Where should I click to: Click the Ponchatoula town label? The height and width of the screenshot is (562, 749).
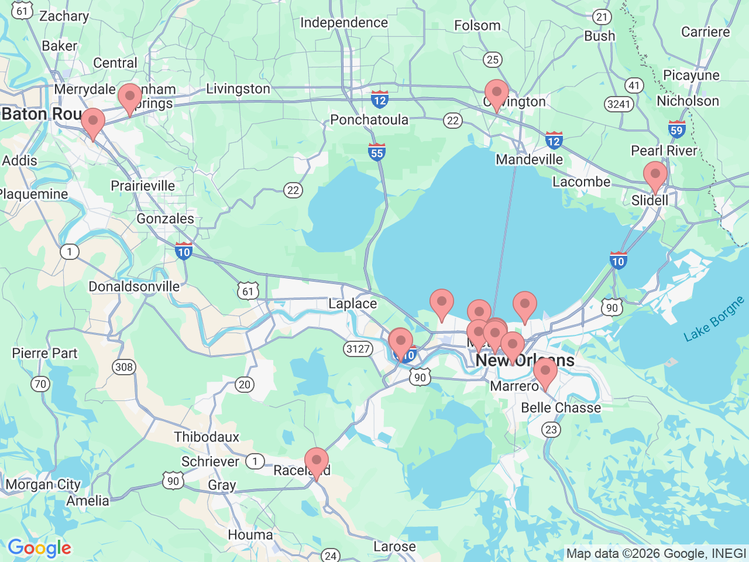[369, 119]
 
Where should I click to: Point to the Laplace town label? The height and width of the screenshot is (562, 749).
[352, 303]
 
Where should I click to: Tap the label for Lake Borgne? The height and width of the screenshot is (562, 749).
[714, 318]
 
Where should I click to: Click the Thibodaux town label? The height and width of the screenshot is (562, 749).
[207, 437]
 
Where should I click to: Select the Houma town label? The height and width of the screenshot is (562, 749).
[250, 534]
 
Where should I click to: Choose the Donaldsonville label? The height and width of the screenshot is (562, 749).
[134, 286]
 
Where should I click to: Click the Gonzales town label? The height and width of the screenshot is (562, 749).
[165, 218]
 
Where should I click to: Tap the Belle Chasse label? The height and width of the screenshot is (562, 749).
[561, 407]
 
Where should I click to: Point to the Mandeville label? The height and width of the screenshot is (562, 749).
[529, 159]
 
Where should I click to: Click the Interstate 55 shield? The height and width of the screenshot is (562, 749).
[377, 152]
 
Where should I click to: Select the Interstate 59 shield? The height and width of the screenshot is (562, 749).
[676, 129]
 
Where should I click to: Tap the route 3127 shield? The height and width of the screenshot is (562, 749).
[358, 349]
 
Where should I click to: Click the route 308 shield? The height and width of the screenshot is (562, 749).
[124, 367]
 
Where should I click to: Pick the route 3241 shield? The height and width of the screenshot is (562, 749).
[619, 104]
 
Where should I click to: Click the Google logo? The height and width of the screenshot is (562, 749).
[39, 548]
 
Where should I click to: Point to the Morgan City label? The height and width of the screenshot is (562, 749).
[43, 485]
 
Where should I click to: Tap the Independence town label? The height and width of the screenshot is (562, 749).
[344, 23]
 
